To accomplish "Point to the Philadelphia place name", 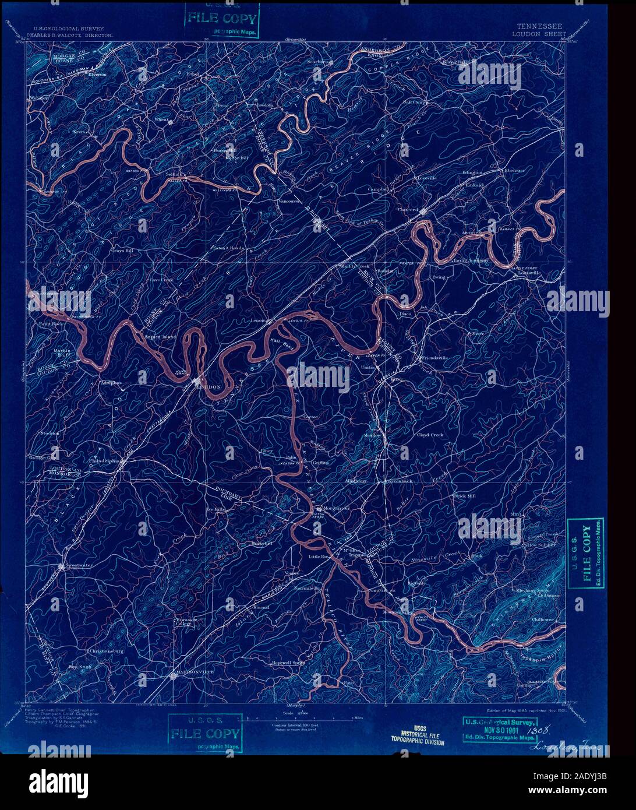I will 104,460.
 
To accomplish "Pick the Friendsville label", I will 432,357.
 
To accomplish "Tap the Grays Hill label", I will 122,251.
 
